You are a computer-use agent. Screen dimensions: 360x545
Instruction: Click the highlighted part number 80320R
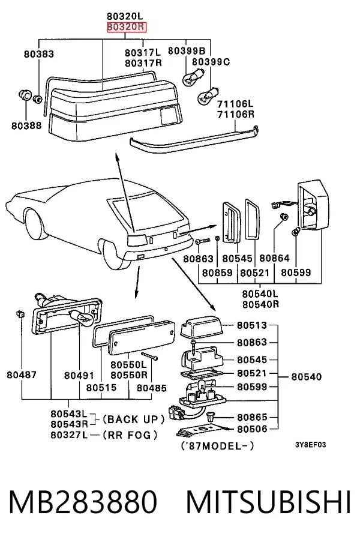coord(127,27)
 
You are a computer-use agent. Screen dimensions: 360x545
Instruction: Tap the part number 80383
coord(39,54)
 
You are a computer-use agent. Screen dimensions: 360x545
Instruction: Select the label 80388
coord(26,125)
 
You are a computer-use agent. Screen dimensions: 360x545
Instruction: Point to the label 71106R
coord(236,114)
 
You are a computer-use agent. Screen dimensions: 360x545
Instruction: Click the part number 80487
coord(22,375)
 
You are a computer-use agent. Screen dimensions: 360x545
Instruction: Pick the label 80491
coord(79,375)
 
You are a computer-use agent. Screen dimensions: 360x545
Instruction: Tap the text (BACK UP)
coord(133,419)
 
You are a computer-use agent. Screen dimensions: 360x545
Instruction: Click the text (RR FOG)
coord(130,435)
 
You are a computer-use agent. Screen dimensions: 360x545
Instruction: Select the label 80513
coord(252,325)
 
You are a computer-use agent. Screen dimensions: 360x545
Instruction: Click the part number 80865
coord(252,417)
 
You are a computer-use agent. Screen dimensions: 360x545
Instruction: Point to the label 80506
coord(252,429)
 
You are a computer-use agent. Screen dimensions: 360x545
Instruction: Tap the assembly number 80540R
coord(260,304)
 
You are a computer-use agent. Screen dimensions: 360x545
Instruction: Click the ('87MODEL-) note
coord(218,445)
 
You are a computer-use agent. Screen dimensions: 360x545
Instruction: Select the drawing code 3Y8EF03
coord(311,445)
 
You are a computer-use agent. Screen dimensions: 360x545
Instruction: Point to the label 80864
coord(274,258)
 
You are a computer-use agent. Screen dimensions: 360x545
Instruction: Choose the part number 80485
coord(152,388)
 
